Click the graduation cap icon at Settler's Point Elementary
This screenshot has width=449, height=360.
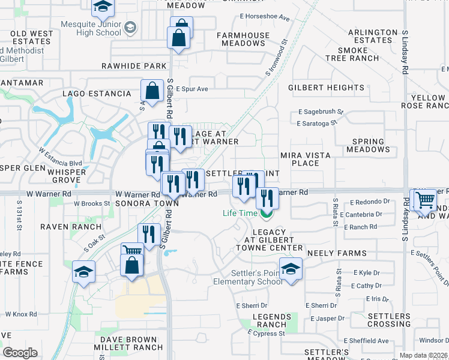pyautogui.click(x=291, y=269)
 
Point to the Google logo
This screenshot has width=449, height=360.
pyautogui.click(x=20, y=353)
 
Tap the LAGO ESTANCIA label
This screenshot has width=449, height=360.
pyautogui.click(x=97, y=94)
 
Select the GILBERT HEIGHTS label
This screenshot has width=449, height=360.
pyautogui.click(x=326, y=88)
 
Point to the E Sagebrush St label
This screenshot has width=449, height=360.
pyautogui.click(x=321, y=112)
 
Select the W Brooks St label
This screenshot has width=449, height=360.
pyautogui.click(x=92, y=203)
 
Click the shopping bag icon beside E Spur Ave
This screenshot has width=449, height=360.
pyautogui.click(x=153, y=91)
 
